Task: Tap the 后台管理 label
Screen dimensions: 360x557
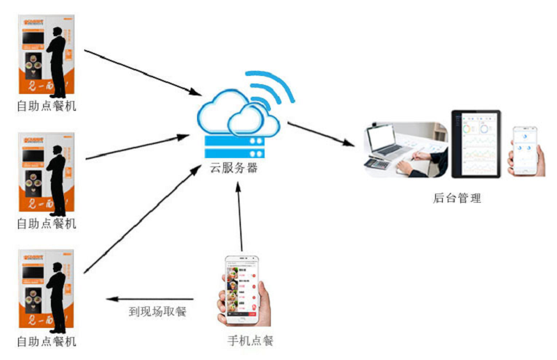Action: coord(457,198)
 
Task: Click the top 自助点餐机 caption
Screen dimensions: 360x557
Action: coord(46,107)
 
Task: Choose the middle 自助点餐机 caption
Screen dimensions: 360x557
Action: coord(46,224)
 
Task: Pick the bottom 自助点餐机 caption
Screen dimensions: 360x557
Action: coord(46,342)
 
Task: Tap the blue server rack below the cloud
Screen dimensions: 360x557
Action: coord(235,147)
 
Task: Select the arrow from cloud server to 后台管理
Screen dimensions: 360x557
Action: coord(320,134)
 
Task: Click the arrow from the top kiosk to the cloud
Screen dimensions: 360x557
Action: coord(139,72)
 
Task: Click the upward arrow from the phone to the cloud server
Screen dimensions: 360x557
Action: coord(240,216)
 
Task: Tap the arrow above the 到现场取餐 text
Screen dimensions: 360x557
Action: coord(150,298)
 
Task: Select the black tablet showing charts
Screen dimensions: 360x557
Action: coord(476,143)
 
